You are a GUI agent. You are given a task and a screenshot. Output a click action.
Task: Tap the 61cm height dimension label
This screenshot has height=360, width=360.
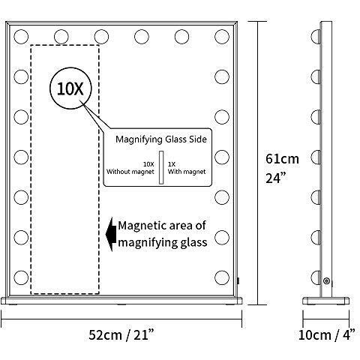coord(282,159)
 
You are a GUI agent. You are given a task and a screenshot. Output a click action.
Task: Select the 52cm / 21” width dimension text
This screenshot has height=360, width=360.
coord(121,335)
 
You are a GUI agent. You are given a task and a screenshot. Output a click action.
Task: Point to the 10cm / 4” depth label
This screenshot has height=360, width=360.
coord(327,335)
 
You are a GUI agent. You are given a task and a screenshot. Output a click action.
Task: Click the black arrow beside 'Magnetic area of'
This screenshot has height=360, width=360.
coord(111,234)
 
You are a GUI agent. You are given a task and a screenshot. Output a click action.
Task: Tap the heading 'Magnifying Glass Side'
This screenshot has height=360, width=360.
coord(161,139)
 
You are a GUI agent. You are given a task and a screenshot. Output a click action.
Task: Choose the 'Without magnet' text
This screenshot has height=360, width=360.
coord(130,172)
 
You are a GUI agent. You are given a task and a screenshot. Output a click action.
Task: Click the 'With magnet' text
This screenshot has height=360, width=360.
coord(187,172)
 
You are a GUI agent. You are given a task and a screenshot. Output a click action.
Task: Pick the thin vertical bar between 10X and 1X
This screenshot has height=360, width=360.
coord(161,167)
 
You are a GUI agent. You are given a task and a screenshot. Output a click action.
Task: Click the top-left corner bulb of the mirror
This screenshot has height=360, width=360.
coord(21,37)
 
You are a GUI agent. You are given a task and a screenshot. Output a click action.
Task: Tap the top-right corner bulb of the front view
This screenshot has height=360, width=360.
coord(222,37)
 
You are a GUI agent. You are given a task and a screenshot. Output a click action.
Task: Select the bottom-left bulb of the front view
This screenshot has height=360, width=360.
coord(21,277)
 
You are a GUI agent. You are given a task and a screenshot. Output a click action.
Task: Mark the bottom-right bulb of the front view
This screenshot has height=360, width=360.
coord(222,277)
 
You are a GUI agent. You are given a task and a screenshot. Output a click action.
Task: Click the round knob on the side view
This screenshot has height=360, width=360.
coord(326,280)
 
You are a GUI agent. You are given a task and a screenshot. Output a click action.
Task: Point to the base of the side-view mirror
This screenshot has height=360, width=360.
coord(326,301)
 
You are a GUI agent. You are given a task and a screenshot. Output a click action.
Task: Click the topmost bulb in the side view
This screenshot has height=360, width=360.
coord(316,37)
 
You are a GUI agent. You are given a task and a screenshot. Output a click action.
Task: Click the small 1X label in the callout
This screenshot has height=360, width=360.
coord(172,164)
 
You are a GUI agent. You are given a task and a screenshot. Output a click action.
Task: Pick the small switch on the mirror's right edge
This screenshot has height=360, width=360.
coord(238,280)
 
